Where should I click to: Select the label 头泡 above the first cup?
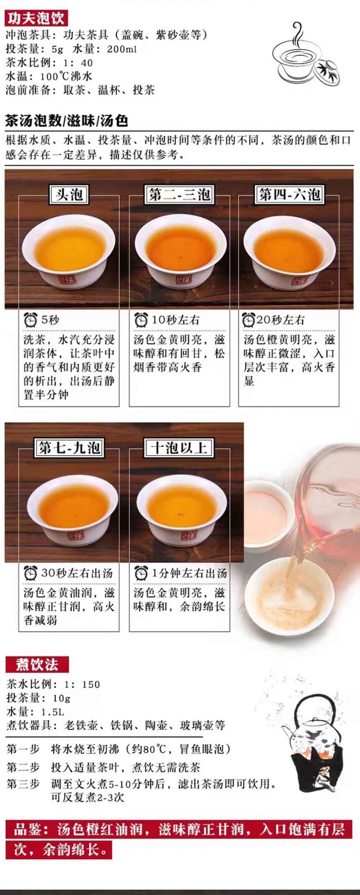tap(69, 195)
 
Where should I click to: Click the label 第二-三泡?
tap(180, 195)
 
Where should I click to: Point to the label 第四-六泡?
tap(289, 195)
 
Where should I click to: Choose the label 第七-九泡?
tap(69, 448)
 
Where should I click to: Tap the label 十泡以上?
tap(180, 448)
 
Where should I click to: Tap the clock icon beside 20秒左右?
tap(249, 320)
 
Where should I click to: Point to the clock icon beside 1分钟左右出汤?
tap(141, 573)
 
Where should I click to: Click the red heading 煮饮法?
tap(37, 665)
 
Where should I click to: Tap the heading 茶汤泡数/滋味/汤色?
tap(67, 121)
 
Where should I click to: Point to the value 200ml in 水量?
tap(122, 49)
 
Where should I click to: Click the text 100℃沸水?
tap(66, 76)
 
